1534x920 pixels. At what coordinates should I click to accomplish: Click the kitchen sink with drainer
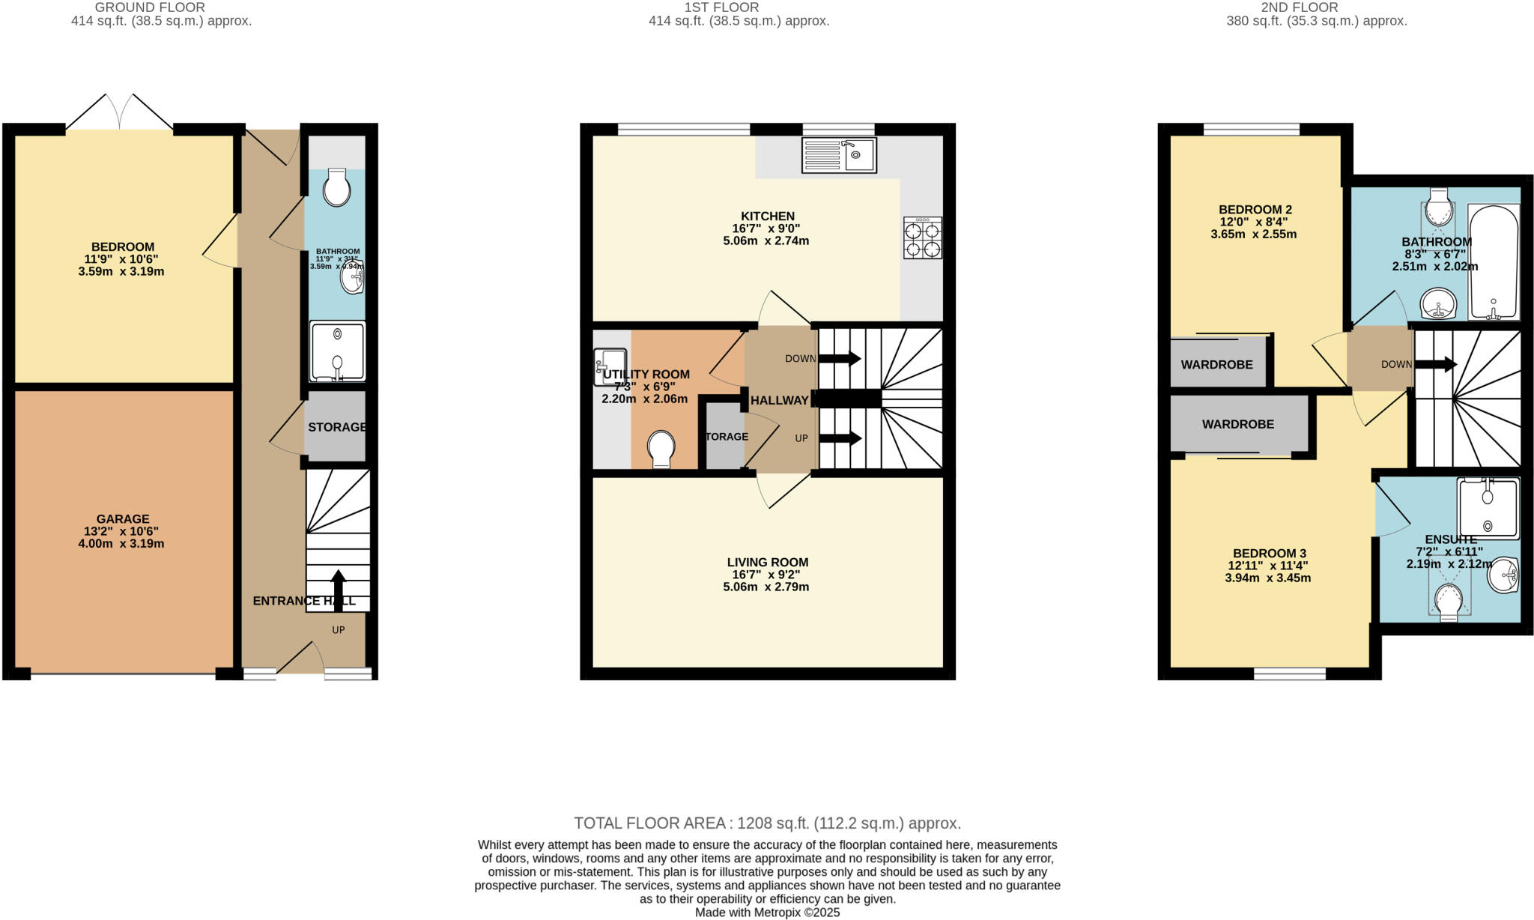838,155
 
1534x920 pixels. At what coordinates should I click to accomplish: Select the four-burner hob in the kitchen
922,238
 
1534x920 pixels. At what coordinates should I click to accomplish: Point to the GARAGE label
123,518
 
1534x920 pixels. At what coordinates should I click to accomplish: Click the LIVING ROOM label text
767,562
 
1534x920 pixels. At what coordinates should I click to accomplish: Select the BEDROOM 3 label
1268,554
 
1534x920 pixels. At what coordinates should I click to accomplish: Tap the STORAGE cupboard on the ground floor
336,427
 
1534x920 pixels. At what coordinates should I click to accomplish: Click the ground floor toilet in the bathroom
337,187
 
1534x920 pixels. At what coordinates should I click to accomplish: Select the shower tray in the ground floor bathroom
337,351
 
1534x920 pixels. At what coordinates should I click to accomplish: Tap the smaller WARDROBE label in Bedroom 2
1216,365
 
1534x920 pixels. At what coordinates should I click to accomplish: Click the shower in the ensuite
1488,509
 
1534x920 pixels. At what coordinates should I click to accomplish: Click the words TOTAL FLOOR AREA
649,823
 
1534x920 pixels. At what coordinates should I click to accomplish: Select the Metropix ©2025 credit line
767,913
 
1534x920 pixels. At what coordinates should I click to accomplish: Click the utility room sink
608,366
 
